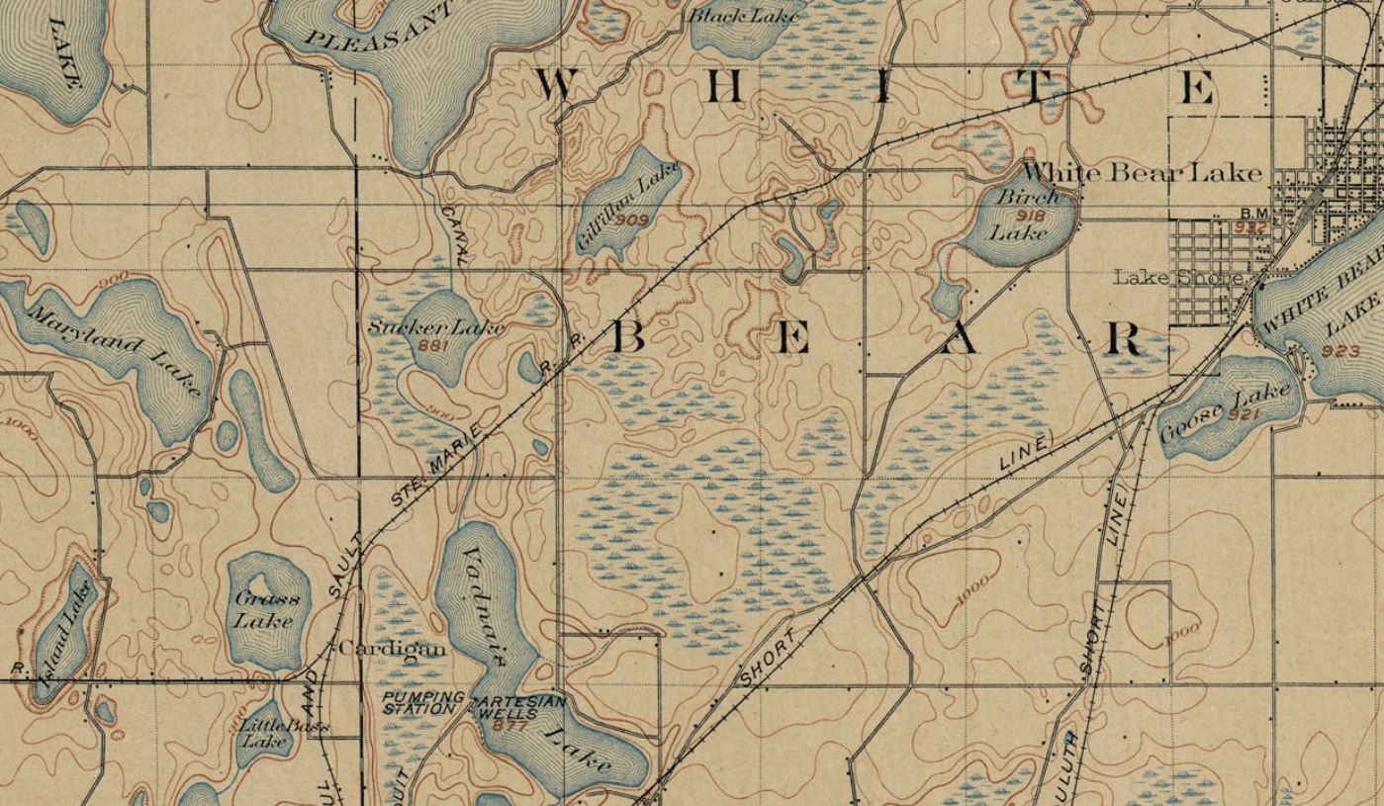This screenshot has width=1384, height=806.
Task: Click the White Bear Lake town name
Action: click(x=1143, y=173)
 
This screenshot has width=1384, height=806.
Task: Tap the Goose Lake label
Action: click(x=1226, y=413)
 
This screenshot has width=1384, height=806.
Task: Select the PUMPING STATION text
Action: click(x=422, y=703)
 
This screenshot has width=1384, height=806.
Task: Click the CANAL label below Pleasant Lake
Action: click(x=454, y=234)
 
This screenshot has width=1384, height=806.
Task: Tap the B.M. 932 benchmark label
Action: click(x=1251, y=220)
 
